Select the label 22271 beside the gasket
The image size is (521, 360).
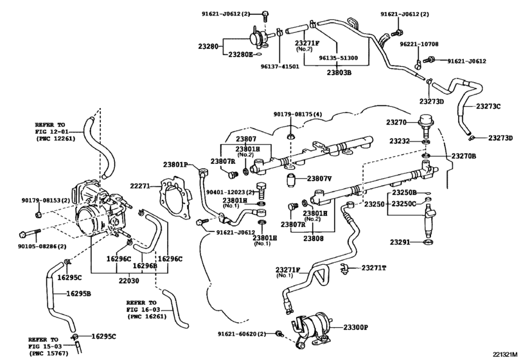point(140,186)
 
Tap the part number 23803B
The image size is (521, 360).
point(338,73)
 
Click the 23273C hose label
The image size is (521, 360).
point(489,106)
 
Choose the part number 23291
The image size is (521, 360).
point(400,242)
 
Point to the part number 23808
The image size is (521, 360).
point(314,239)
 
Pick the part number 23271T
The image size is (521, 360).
point(375,268)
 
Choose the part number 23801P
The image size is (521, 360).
point(175,165)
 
